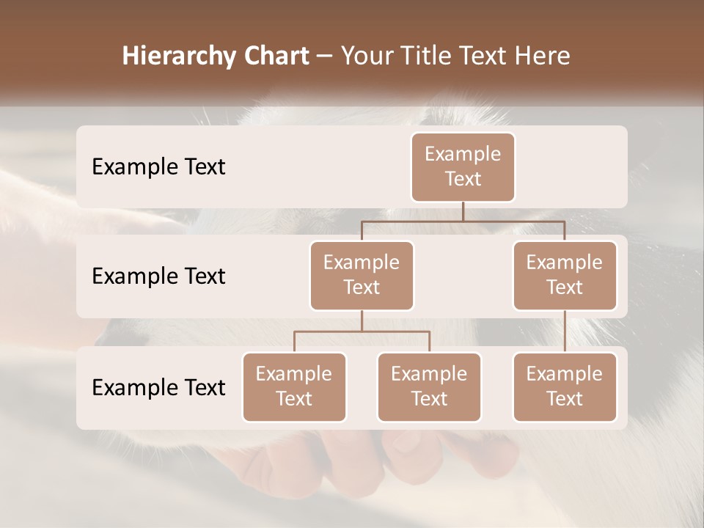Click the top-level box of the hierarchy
pos(463,167)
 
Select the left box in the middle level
pos(362,275)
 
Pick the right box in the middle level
pos(565,275)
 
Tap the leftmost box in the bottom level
pos(294,386)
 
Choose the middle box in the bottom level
pos(429,386)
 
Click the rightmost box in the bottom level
pos(565,386)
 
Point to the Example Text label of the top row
pos(158,167)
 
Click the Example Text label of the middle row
pos(158,276)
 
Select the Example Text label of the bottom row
pos(158,387)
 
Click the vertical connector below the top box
pos(463,211)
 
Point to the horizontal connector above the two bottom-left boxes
pos(362,331)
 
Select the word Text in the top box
pos(463,179)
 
